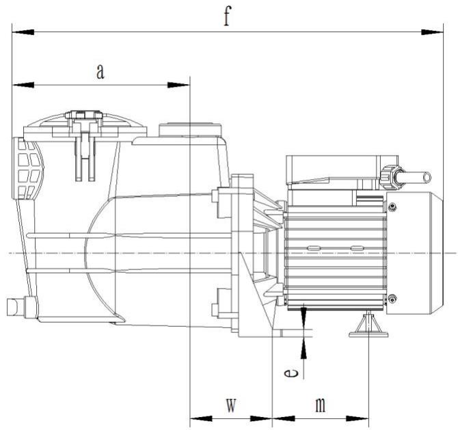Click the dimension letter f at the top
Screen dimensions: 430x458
click(227, 17)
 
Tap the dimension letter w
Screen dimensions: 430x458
click(231, 405)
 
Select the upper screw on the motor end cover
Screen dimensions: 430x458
click(392, 207)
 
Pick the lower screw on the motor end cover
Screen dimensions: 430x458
click(392, 297)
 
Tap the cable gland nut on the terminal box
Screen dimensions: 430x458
click(391, 177)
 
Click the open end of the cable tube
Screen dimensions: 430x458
click(427, 177)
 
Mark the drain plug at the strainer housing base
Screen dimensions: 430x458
click(14, 304)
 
